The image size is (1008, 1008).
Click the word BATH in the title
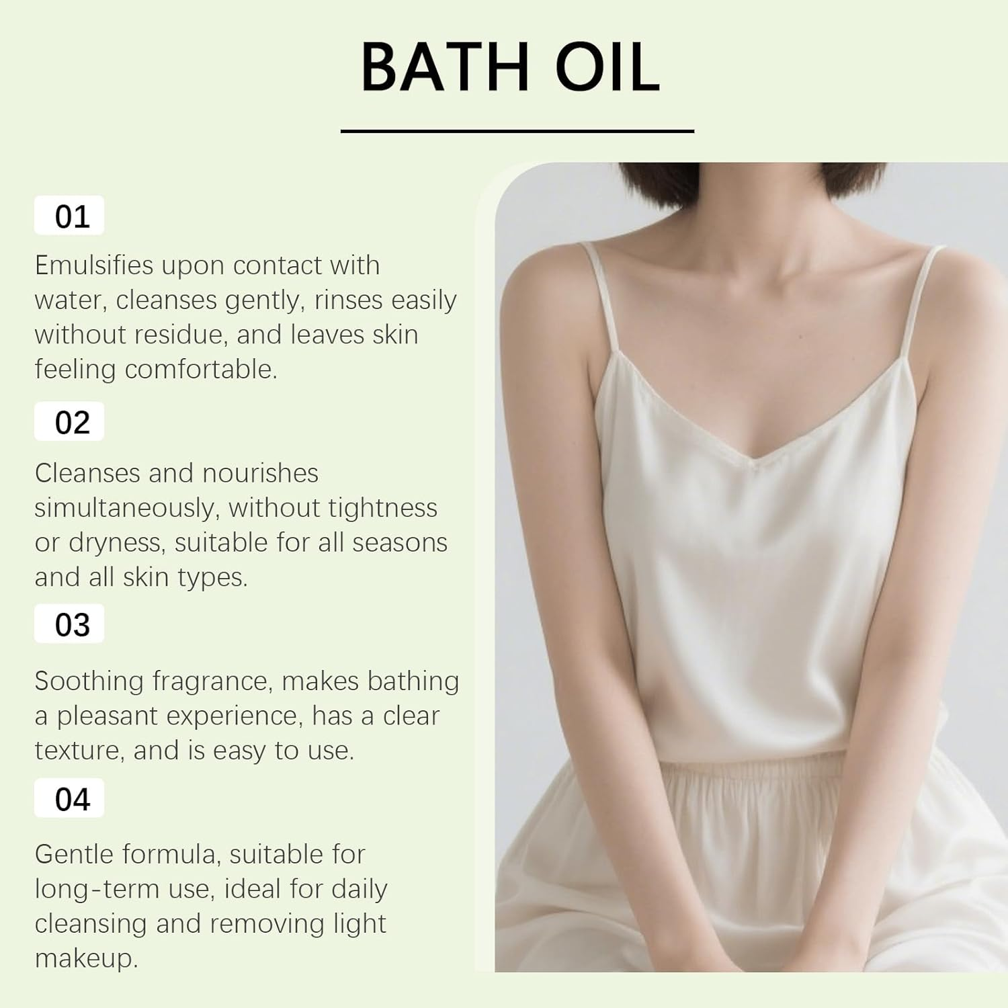click(446, 67)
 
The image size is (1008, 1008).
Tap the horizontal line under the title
click(517, 131)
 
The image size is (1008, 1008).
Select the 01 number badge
click(70, 216)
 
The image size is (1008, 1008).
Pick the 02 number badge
click(70, 422)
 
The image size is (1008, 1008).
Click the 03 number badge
click(70, 624)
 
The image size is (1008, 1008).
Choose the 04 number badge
click(70, 798)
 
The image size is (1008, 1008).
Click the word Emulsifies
click(94, 265)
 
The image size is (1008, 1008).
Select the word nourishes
click(260, 473)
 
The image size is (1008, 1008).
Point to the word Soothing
click(89, 681)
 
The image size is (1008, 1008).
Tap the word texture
click(79, 751)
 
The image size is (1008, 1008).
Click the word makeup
click(85, 958)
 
